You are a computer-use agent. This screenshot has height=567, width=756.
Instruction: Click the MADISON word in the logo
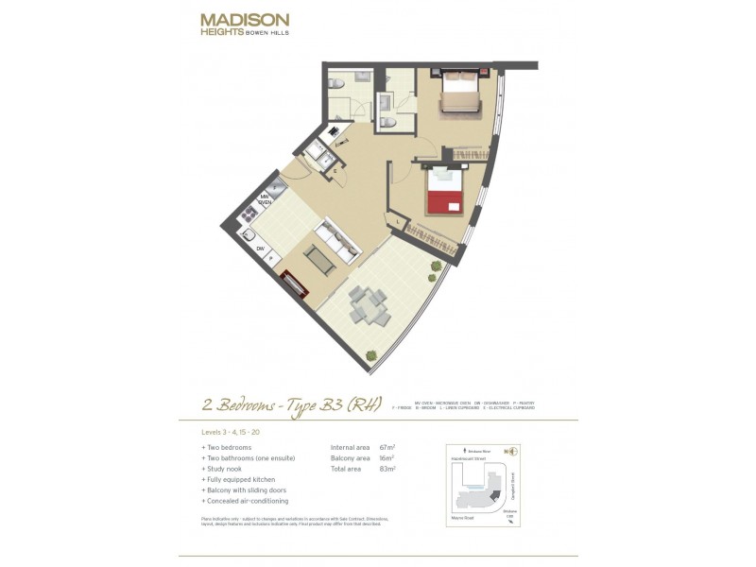(245, 19)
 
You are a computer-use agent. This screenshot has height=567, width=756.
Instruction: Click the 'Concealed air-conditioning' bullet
(248, 500)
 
